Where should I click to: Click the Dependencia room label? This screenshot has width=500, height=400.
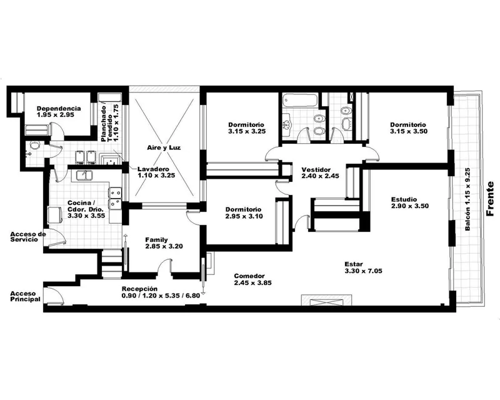59,109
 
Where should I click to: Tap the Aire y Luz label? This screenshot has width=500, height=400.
164,147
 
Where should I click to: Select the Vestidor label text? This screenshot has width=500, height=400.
316,170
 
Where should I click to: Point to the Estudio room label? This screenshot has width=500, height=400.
404,199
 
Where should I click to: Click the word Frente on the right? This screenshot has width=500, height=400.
490,198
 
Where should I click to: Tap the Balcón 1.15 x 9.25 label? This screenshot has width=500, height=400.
467,199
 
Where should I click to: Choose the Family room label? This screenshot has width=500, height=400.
157,240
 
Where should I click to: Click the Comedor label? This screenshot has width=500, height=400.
249,276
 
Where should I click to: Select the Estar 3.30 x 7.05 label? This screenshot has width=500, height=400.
364,267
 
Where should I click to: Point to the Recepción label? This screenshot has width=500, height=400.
139,289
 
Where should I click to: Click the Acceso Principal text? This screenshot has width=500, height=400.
26,296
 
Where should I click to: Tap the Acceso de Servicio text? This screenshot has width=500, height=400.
28,237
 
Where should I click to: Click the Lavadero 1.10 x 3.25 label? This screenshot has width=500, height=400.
156,172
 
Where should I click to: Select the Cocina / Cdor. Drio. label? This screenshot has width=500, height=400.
86,209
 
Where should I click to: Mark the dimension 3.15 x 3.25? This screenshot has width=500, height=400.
247,131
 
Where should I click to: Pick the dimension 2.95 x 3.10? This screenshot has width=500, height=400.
244,217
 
